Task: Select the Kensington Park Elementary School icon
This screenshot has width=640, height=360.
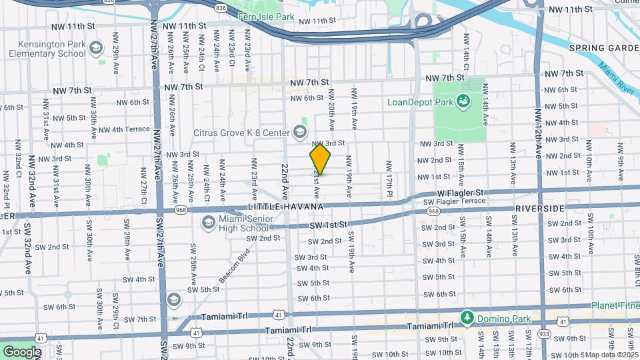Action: click(97, 47)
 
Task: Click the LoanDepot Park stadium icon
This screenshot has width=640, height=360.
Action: click(461, 101)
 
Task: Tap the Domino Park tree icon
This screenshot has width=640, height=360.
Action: click(468, 317)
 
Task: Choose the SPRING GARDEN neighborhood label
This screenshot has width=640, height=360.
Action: click(604, 48)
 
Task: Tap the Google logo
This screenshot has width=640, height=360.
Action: click(22, 351)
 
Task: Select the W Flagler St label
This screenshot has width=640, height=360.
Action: click(459, 193)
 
